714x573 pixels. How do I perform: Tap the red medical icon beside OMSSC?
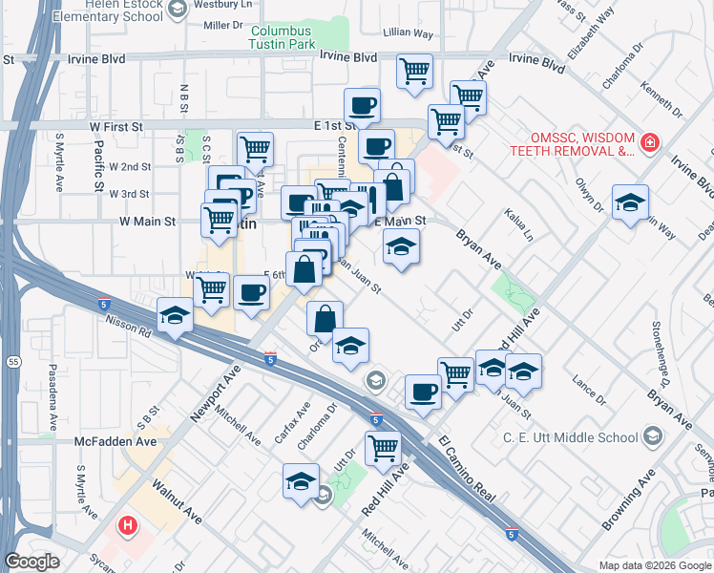pyautogui.click(x=650, y=142)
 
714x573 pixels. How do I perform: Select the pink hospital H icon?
pyautogui.click(x=127, y=525)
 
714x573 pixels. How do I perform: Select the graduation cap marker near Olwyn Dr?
pyautogui.click(x=630, y=202)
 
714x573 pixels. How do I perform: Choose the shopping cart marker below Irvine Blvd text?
pyautogui.click(x=414, y=71)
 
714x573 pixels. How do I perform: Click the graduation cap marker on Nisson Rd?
pyautogui.click(x=175, y=315)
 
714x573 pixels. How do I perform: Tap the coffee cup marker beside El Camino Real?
pyautogui.click(x=423, y=391)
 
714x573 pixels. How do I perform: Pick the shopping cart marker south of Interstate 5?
pyautogui.click(x=383, y=446)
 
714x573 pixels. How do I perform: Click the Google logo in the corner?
pyautogui.click(x=31, y=562)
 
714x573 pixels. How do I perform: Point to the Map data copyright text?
pyautogui.click(x=654, y=564)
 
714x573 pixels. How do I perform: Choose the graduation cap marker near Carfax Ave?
pyautogui.click(x=302, y=479)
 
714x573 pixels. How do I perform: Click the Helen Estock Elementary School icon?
pyautogui.click(x=176, y=9)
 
